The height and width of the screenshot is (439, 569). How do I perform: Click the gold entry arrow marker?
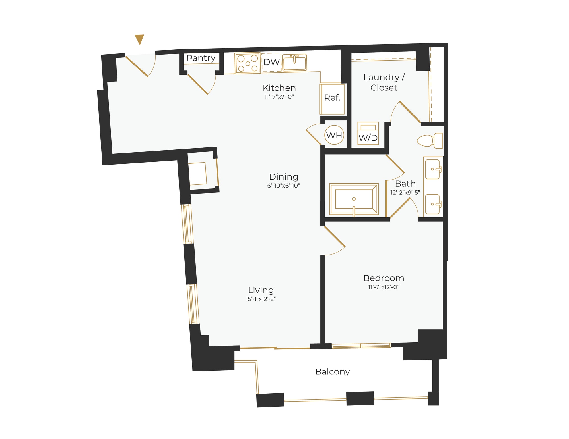pyautogui.click(x=139, y=39)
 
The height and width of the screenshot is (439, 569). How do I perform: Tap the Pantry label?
pyautogui.click(x=201, y=58)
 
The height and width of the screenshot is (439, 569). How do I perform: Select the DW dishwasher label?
pyautogui.click(x=271, y=62)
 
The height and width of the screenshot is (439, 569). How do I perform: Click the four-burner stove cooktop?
pyautogui.click(x=248, y=63)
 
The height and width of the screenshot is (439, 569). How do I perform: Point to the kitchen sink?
pyautogui.click(x=294, y=62)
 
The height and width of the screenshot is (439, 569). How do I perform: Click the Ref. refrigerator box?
pyautogui.click(x=332, y=98)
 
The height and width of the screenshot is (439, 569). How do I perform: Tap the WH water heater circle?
pyautogui.click(x=334, y=135)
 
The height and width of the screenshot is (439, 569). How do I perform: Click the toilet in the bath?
pyautogui.click(x=430, y=141)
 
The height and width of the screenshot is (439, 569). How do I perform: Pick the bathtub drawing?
pyautogui.click(x=354, y=199)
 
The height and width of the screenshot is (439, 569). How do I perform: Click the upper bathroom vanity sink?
pyautogui.click(x=433, y=169)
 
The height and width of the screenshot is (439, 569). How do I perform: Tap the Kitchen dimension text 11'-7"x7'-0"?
pyautogui.click(x=279, y=97)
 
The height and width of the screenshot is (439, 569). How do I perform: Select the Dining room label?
pyautogui.click(x=284, y=177)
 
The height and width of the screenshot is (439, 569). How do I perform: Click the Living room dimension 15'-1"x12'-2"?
pyautogui.click(x=261, y=299)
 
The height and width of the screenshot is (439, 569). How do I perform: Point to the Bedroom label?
pyautogui.click(x=384, y=278)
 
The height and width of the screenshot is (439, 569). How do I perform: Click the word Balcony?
pyautogui.click(x=332, y=372)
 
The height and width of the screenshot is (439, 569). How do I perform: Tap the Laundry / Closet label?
pyautogui.click(x=384, y=82)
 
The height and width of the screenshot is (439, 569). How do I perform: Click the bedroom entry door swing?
pyautogui.click(x=335, y=240)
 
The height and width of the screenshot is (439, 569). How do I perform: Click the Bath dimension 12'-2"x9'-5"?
pyautogui.click(x=405, y=193)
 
